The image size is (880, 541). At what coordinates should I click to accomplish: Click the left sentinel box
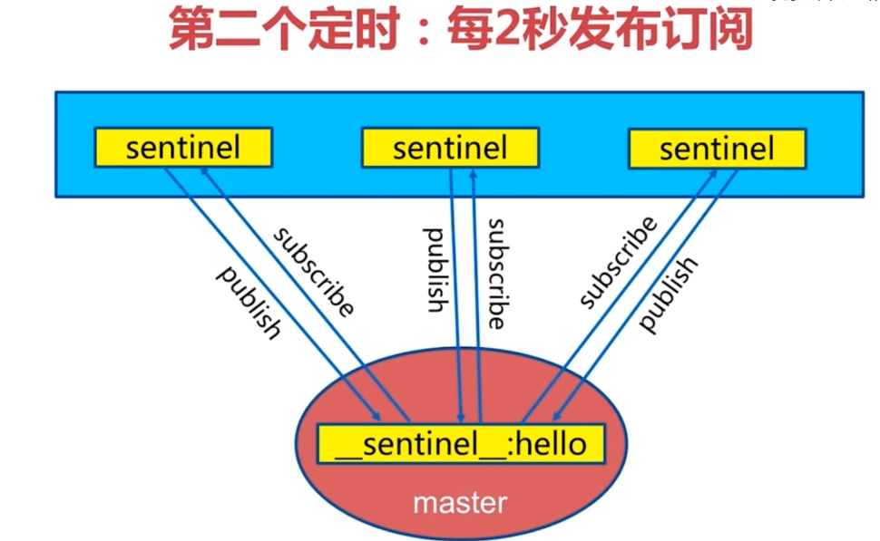pos(183,148)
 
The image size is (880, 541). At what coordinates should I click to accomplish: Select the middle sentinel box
pos(450,148)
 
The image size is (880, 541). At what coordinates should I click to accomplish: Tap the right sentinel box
pos(717,148)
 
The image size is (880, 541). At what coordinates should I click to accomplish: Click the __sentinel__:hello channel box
pos(461,444)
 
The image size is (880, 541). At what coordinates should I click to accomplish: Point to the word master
pos(460,502)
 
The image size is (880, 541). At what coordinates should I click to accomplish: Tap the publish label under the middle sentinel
pos(436,270)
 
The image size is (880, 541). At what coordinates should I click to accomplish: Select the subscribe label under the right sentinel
pos(617,263)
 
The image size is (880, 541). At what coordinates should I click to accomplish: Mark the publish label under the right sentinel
pos(669,295)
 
